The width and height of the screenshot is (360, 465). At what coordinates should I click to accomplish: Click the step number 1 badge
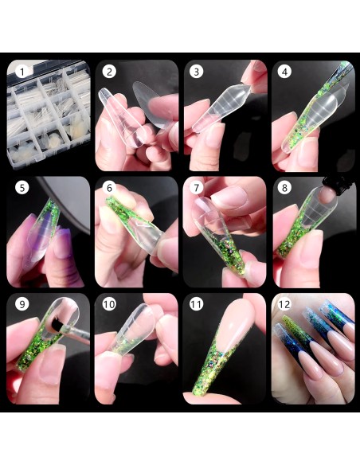pyautogui.click(x=22, y=72)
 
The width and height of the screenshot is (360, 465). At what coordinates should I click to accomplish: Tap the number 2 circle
pyautogui.click(x=109, y=72)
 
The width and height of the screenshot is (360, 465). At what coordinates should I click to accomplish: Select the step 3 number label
pyautogui.click(x=196, y=72)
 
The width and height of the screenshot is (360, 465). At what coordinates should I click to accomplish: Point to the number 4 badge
pyautogui.click(x=284, y=72)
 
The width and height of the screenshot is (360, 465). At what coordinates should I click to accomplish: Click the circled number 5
pyautogui.click(x=22, y=187)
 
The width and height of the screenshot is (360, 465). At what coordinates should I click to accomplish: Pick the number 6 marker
pyautogui.click(x=109, y=187)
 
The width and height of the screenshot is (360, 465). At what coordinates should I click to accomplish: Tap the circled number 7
pyautogui.click(x=196, y=187)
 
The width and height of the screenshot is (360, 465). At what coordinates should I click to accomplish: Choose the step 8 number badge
pyautogui.click(x=284, y=187)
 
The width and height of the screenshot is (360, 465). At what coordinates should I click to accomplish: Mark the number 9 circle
pyautogui.click(x=22, y=304)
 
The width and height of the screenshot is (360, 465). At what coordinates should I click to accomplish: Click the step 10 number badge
pyautogui.click(x=109, y=304)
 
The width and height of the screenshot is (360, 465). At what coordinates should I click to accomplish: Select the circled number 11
pyautogui.click(x=196, y=304)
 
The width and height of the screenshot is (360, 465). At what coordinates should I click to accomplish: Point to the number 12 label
pyautogui.click(x=284, y=304)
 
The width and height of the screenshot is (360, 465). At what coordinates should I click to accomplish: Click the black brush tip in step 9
pyautogui.click(x=57, y=326)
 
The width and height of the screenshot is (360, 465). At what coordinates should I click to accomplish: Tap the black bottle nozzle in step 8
pyautogui.click(x=338, y=184)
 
